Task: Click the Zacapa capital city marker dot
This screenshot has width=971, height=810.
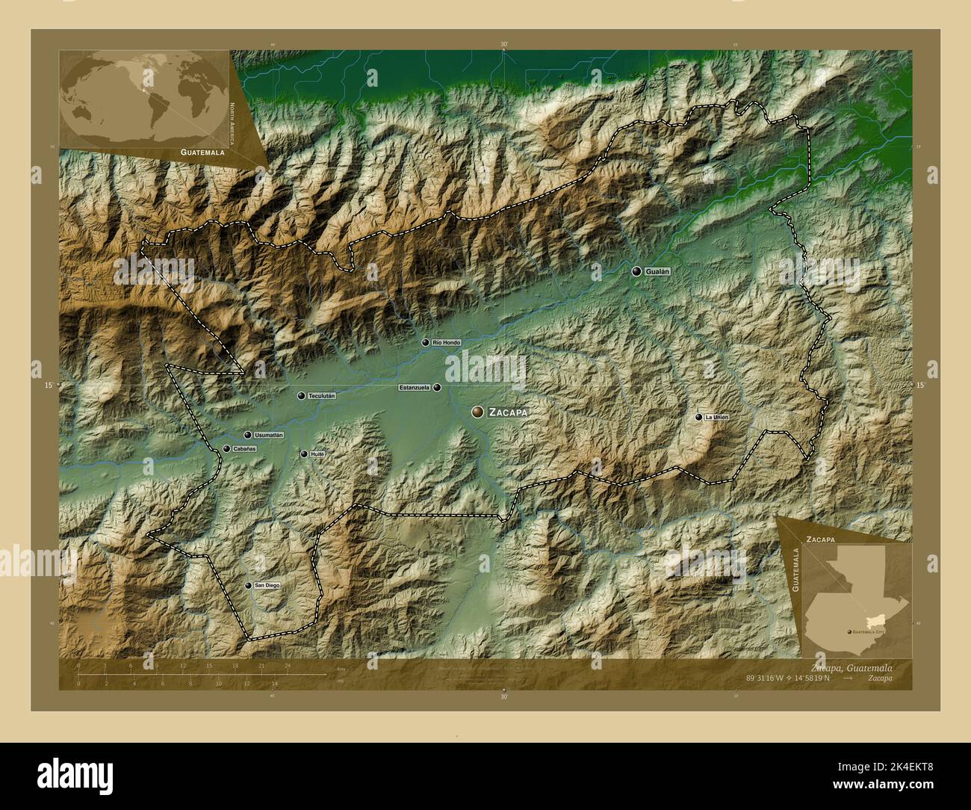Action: tap(477, 412)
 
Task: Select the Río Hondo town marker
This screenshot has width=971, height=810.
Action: tap(426, 342)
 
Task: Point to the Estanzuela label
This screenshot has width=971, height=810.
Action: tap(414, 388)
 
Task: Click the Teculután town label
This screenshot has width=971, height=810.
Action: tap(322, 396)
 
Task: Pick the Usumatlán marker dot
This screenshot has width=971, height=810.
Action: tap(247, 435)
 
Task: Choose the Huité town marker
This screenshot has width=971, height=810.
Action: tap(303, 454)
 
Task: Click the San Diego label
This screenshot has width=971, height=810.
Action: tap(267, 586)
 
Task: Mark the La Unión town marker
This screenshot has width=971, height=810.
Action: tap(699, 417)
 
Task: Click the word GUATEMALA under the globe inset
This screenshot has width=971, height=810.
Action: tap(202, 152)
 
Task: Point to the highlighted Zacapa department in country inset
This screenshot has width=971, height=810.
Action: tap(874, 622)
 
